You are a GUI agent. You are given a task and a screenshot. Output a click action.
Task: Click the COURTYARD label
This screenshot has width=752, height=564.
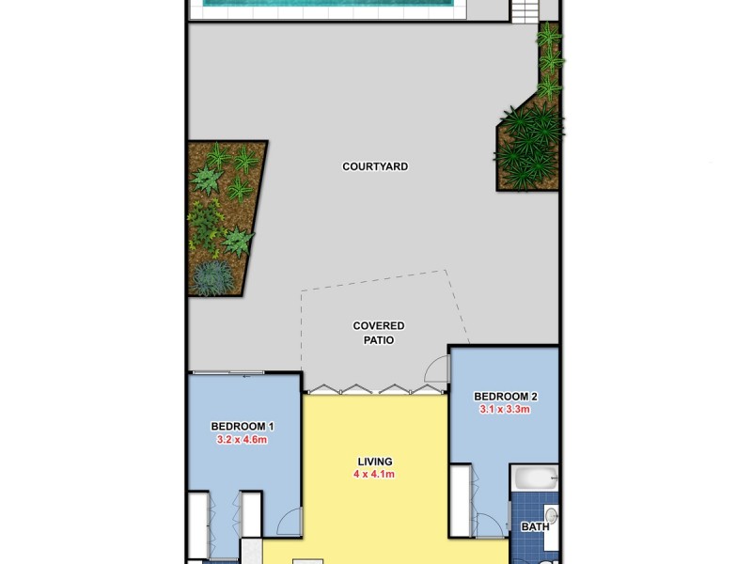(375, 166)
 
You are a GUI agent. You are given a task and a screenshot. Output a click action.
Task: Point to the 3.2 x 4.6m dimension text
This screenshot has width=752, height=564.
(243, 439)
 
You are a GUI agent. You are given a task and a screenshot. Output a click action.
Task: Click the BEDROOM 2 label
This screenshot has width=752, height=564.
(505, 396)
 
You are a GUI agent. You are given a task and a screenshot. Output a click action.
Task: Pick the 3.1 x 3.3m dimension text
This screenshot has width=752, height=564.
(505, 409)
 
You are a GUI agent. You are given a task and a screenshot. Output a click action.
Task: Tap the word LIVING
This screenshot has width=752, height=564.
(374, 462)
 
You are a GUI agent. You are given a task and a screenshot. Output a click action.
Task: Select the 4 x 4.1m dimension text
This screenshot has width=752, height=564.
(374, 475)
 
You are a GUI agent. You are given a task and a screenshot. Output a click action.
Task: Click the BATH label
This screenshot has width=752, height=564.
(535, 527)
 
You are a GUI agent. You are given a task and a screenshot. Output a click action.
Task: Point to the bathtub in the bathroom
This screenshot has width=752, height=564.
(535, 478)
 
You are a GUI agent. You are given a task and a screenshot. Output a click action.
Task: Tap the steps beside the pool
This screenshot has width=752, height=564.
(525, 10)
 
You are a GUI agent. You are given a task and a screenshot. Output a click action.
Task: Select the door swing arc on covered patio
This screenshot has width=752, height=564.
(436, 369)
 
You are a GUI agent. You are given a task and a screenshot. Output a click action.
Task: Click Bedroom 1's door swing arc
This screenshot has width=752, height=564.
(290, 522)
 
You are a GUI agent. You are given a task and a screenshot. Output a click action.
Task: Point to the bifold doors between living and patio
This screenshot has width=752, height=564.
(374, 388)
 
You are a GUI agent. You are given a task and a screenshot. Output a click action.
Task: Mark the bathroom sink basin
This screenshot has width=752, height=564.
(552, 516)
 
